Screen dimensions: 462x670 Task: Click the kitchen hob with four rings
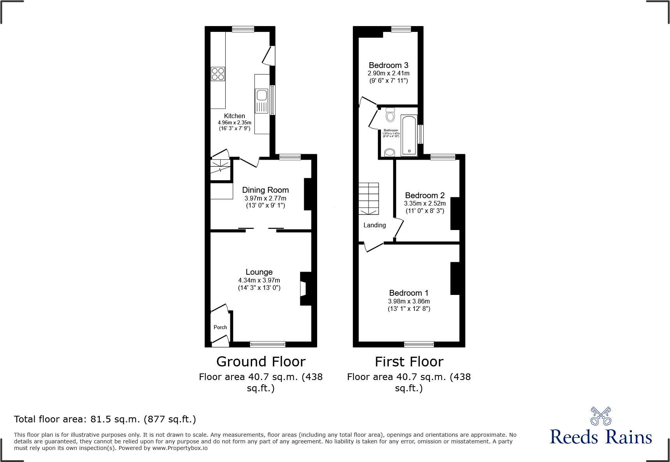pyautogui.click(x=218, y=74)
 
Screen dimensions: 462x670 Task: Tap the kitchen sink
pyautogui.click(x=261, y=95)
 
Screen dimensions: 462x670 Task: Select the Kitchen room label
pyautogui.click(x=234, y=116)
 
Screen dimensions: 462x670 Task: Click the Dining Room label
pyautogui.click(x=265, y=190)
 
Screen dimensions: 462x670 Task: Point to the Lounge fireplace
pyautogui.click(x=305, y=289)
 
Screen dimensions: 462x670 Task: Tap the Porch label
pyautogui.click(x=220, y=327)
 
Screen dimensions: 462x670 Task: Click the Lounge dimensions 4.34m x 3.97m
pyautogui.click(x=259, y=280)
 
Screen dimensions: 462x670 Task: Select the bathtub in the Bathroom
pyautogui.click(x=409, y=136)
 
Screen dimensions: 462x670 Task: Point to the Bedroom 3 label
pyautogui.click(x=388, y=65)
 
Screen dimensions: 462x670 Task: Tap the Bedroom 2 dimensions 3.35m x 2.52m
pyautogui.click(x=425, y=203)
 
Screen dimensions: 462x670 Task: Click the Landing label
pyautogui.click(x=374, y=225)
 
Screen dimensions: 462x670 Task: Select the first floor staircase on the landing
pyautogui.click(x=368, y=199)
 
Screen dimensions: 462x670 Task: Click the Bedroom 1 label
pyautogui.click(x=409, y=293)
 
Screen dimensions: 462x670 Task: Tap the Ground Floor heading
pyautogui.click(x=261, y=362)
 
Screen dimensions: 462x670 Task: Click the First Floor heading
pyautogui.click(x=409, y=362)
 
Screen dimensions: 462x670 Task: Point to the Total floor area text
pyautogui.click(x=105, y=419)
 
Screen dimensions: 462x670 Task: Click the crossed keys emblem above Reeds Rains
pyautogui.click(x=601, y=416)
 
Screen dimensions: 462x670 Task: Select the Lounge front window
pyautogui.click(x=268, y=344)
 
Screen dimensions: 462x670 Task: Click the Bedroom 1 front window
pyautogui.click(x=419, y=344)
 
